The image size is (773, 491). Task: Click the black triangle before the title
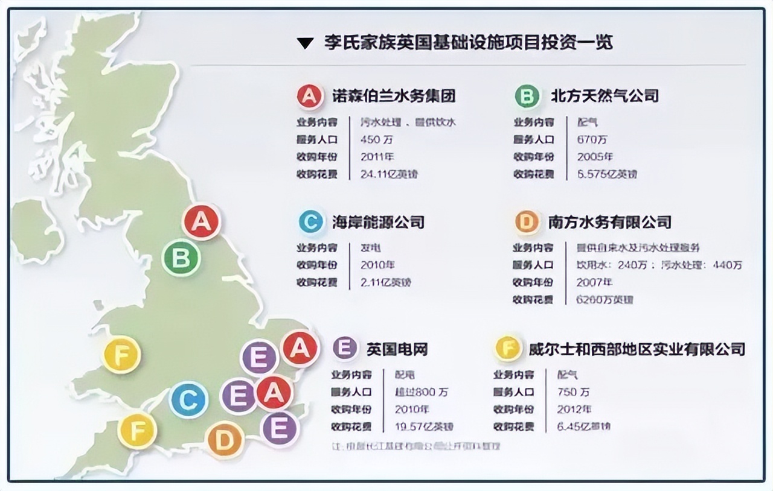[306, 43]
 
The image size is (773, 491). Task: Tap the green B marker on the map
[181, 259]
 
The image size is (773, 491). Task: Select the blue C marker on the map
[188, 400]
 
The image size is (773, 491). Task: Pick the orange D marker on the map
[225, 440]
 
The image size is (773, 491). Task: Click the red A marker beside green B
[202, 221]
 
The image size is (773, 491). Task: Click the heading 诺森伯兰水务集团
[394, 95]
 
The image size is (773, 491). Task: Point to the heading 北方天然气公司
[605, 95]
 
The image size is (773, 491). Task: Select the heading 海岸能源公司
[378, 222]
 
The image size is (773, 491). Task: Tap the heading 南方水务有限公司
[610, 222]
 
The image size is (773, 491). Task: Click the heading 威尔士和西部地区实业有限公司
[637, 349]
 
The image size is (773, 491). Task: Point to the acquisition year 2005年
[595, 157]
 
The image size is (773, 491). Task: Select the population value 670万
[592, 139]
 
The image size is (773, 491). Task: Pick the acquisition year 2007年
[594, 282]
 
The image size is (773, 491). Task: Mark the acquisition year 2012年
[574, 409]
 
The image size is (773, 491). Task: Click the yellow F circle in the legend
[508, 348]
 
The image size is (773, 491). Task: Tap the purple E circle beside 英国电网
[344, 348]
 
